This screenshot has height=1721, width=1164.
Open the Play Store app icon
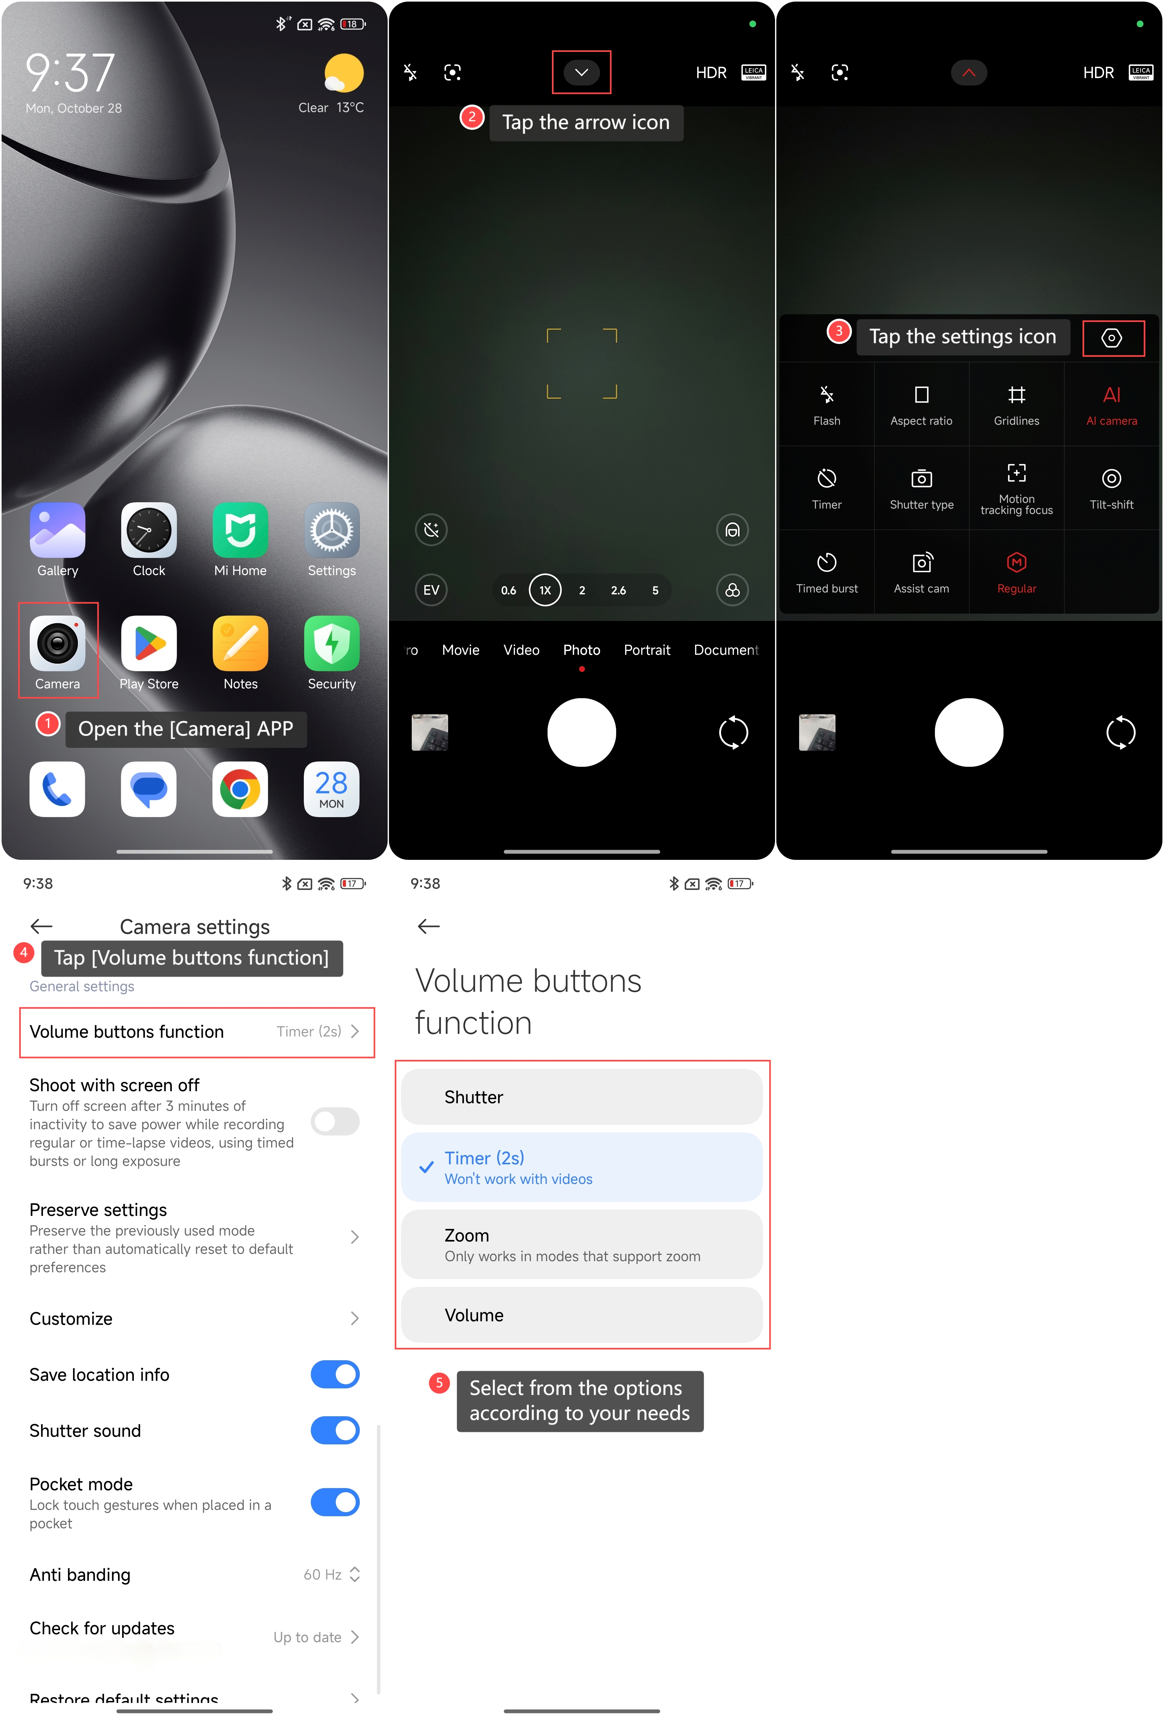tap(149, 643)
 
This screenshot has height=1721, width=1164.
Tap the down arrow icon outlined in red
tap(581, 72)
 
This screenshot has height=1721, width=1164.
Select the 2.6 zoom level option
tap(618, 590)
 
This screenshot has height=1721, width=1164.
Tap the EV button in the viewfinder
tap(431, 590)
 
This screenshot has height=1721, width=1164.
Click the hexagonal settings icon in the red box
tap(1111, 338)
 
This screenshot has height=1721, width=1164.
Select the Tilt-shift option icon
tap(1111, 479)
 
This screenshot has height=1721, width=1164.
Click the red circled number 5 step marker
tap(439, 1383)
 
